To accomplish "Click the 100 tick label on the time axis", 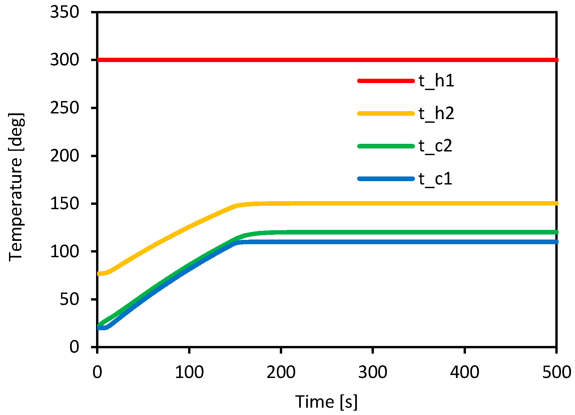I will pos(189,372).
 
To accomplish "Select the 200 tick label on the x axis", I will pos(281,372).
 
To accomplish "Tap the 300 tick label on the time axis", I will pos(373,372).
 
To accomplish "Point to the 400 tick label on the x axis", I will pos(465,372).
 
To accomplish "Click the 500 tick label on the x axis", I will pos(556,372).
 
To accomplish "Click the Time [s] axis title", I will pos(326,402).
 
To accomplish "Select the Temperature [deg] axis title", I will pos(16,187).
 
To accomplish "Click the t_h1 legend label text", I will pos(436,81).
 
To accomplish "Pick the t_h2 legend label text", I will pos(436,113).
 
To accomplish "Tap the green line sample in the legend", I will pos(386,146).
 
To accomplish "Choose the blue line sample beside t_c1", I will pos(386,179).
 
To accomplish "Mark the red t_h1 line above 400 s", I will pos(465,60).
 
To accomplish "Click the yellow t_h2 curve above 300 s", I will pos(373,203).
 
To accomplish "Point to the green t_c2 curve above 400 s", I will pos(465,232).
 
